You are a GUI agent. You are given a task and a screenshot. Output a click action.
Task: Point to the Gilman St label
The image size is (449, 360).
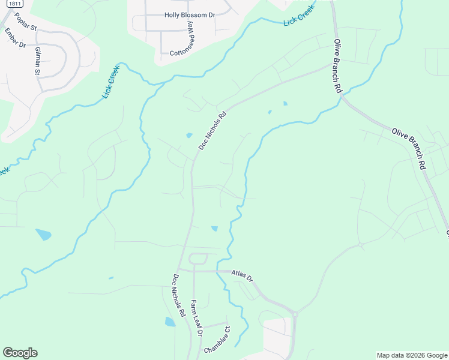(37, 60)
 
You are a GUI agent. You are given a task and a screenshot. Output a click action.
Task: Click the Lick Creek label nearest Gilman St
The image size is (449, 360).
(112, 82)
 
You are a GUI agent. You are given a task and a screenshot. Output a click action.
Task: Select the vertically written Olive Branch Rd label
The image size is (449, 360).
(338, 66)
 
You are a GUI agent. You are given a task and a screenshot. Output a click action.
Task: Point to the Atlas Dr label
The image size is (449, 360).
(243, 277)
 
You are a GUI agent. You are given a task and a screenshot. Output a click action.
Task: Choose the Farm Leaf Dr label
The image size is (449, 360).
(197, 317)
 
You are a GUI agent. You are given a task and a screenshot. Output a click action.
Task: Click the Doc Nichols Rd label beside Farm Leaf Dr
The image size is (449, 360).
(178, 295)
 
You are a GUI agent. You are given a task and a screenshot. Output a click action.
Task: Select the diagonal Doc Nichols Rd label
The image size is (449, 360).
(212, 130)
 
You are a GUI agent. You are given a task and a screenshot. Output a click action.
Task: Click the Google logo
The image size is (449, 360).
(20, 353)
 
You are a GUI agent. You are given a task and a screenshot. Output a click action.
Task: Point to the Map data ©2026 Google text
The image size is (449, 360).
(412, 355)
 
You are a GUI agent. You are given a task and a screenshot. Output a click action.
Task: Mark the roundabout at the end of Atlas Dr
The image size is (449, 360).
(295, 313)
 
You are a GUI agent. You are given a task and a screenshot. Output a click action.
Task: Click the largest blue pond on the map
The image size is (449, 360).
(43, 234)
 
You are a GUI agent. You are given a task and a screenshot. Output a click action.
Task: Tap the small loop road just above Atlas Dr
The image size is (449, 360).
(198, 259)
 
